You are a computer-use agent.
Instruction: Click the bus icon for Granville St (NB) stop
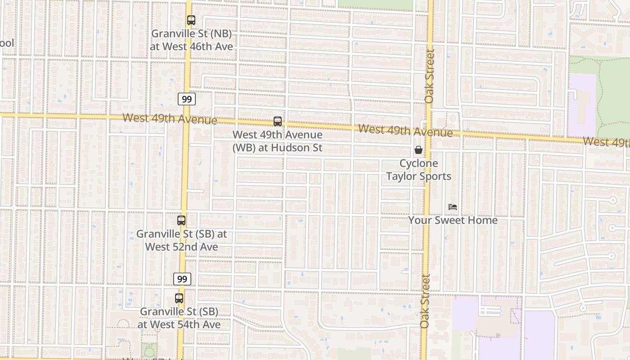[191, 20]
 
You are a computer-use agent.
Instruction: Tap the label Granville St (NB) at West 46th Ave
[191, 40]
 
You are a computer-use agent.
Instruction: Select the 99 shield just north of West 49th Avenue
[186, 99]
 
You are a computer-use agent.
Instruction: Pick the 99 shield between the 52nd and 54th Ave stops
[182, 279]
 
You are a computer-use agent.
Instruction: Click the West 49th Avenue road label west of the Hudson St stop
[170, 119]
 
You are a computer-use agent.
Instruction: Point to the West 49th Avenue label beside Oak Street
[405, 131]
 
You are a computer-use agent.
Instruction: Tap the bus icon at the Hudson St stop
[278, 121]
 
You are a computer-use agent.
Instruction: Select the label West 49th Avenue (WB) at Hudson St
[278, 141]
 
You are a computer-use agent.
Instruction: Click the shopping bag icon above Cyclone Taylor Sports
[418, 150]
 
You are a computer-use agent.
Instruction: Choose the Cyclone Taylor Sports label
[418, 170]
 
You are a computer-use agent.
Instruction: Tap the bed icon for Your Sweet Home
[453, 207]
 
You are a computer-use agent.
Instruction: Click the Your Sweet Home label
[453, 220]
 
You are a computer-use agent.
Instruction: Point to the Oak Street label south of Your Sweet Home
[425, 301]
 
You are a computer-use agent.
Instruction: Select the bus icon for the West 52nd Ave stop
[181, 220]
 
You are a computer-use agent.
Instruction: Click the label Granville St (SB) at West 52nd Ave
[181, 240]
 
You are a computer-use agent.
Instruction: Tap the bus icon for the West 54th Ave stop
[179, 298]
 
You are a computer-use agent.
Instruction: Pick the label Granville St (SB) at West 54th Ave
[179, 318]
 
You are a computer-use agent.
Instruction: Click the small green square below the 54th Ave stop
[149, 350]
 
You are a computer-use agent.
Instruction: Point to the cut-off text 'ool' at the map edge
[7, 43]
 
